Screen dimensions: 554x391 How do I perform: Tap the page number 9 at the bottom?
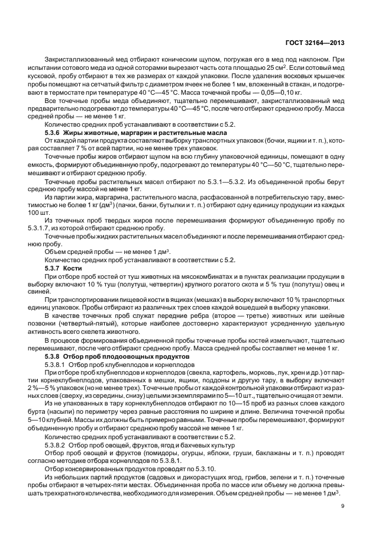coord(344,505)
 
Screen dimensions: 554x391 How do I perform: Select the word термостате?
coord(81,94)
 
